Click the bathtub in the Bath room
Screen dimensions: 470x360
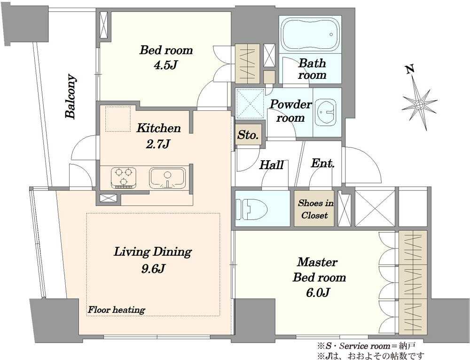(310, 35)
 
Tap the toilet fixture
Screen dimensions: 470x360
(251, 209)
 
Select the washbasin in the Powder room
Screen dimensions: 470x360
(326, 112)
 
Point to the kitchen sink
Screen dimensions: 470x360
(167, 178)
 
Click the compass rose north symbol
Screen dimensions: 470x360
(419, 103)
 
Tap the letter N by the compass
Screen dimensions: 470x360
(409, 70)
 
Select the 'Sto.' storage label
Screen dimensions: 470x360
(248, 135)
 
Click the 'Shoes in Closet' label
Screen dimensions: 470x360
(315, 209)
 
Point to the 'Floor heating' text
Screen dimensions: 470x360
(116, 310)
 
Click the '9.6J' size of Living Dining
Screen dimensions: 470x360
(153, 268)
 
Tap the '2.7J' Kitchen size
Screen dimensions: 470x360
(158, 144)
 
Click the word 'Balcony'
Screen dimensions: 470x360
(71, 96)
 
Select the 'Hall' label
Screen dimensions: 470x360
(271, 165)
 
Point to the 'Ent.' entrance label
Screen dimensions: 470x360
(322, 164)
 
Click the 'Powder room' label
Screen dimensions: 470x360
(290, 111)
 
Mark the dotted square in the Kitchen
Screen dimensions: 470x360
(118, 119)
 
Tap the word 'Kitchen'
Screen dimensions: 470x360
(158, 128)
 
